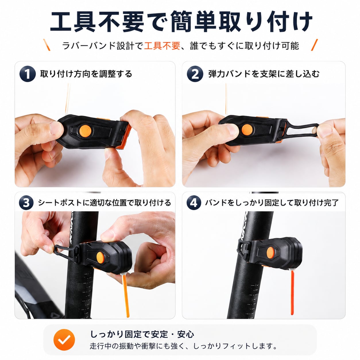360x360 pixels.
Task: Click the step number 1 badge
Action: click(28, 74)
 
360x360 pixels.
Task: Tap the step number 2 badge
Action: click(195, 74)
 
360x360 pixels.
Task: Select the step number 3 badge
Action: click(26, 203)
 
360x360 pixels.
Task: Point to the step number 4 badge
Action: click(194, 203)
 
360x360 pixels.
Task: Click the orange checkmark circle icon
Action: click(64, 340)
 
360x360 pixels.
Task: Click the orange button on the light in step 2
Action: click(247, 130)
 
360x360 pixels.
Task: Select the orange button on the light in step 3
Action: click(100, 258)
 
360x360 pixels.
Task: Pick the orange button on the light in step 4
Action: click(270, 253)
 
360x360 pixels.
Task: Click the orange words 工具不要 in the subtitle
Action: click(162, 45)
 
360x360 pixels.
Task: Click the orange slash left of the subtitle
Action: click(47, 45)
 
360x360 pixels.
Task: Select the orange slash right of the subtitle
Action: click(314, 45)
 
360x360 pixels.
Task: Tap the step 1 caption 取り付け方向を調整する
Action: click(86, 74)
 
